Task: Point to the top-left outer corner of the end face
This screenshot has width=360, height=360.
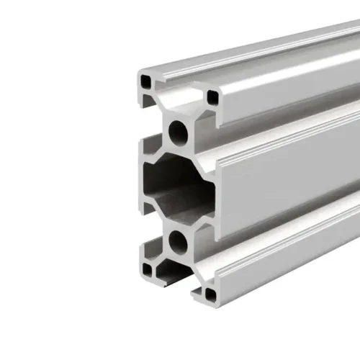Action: point(139,72)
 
